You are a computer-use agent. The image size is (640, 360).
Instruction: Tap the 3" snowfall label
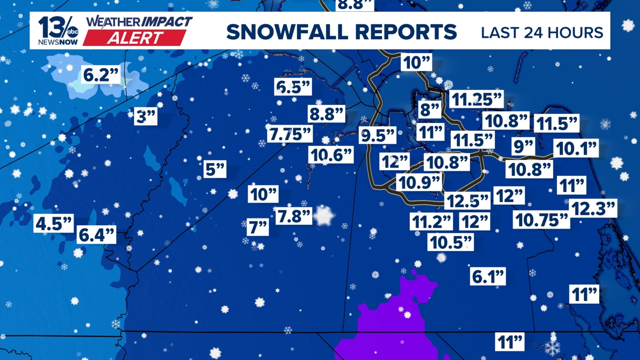pyautogui.click(x=146, y=117)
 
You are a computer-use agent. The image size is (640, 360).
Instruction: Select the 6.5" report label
pyautogui.click(x=293, y=87)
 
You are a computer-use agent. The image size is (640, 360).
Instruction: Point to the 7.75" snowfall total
pyautogui.click(x=290, y=134)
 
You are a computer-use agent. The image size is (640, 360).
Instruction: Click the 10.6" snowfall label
pyautogui.click(x=331, y=154)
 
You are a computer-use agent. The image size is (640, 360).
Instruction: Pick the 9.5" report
pyautogui.click(x=378, y=135)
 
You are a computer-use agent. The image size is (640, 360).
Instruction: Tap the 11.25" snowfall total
pyautogui.click(x=477, y=99)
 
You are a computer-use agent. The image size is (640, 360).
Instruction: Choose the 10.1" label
pyautogui.click(x=575, y=149)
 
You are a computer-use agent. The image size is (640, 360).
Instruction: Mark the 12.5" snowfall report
pyautogui.click(x=468, y=200)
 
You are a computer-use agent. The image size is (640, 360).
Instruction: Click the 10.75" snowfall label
pyautogui.click(x=541, y=220)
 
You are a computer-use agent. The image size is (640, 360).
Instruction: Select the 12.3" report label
pyautogui.click(x=593, y=208)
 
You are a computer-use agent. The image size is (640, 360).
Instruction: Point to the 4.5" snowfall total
pyautogui.click(x=54, y=224)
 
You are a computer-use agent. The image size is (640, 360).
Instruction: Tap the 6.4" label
pyautogui.click(x=97, y=234)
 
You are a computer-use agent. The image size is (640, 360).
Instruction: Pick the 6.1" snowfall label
pyautogui.click(x=488, y=276)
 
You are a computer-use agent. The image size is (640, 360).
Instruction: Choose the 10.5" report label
pyautogui.click(x=450, y=242)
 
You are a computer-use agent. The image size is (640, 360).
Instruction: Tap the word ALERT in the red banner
pyautogui.click(x=135, y=38)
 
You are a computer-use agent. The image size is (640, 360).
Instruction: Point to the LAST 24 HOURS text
pyautogui.click(x=542, y=32)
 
